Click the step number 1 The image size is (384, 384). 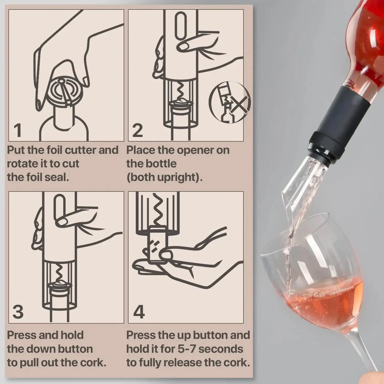17,130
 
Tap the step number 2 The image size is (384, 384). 137,130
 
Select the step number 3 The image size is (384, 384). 18,312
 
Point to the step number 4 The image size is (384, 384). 139,312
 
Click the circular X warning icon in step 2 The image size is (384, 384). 230,102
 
